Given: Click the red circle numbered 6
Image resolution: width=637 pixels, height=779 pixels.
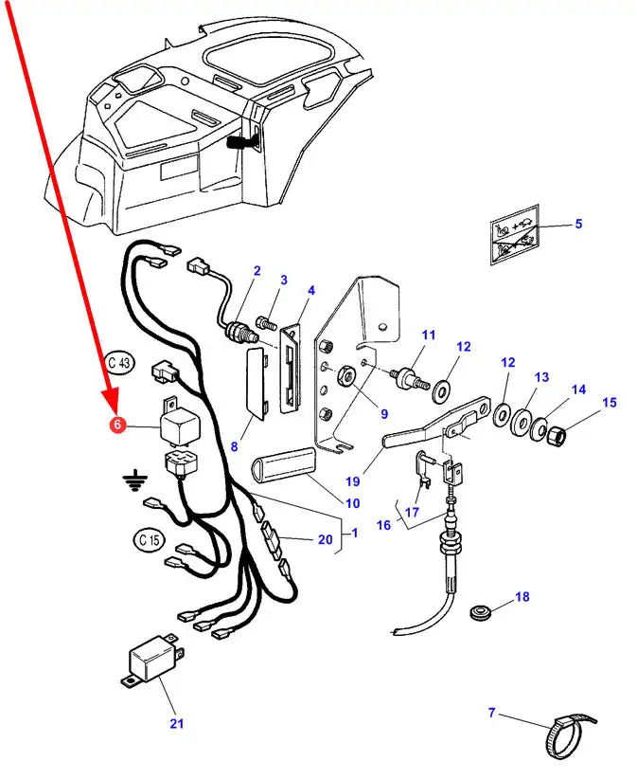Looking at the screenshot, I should click(117, 426).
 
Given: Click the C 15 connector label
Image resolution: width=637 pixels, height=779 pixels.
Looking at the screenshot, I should click(149, 540).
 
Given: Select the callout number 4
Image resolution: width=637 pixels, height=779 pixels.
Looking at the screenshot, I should click(311, 289).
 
